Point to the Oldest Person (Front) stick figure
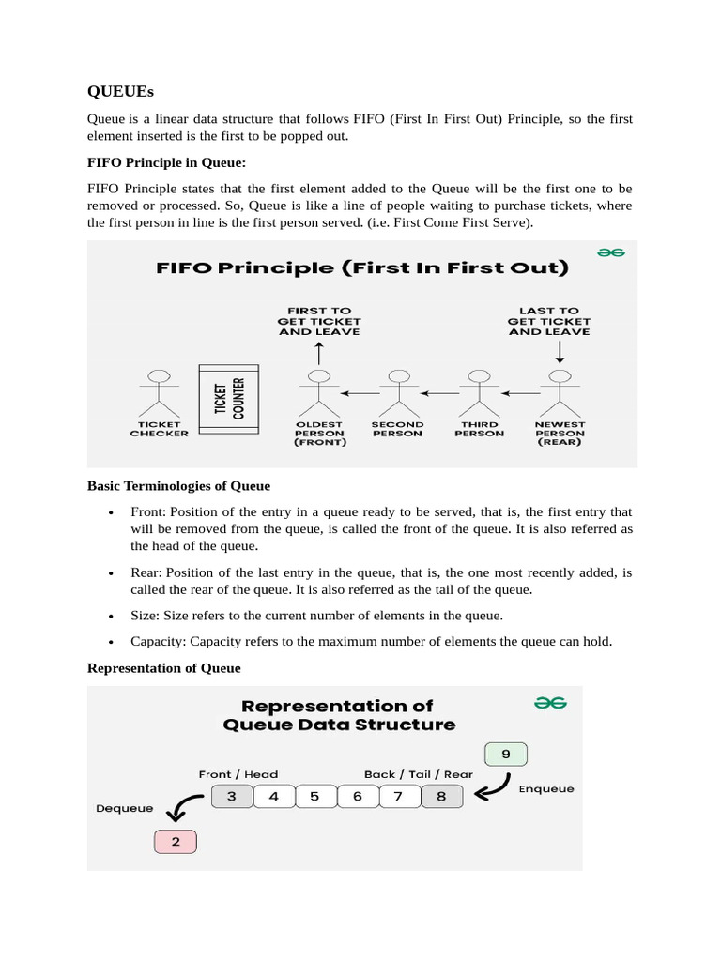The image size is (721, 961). (319, 391)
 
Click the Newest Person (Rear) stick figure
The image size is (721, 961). (560, 391)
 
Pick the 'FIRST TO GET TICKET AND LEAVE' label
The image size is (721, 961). (319, 321)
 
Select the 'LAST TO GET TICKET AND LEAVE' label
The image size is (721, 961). (549, 321)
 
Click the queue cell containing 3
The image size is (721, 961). (232, 797)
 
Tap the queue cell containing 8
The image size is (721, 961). (439, 797)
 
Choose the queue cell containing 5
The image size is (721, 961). (315, 797)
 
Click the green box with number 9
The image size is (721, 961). (506, 754)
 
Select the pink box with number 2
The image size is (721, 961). (176, 842)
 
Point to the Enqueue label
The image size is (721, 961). (546, 789)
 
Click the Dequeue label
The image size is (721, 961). (125, 808)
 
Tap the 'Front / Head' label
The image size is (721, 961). (238, 774)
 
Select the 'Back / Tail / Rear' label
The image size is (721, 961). (419, 774)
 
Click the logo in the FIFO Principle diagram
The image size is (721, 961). (612, 252)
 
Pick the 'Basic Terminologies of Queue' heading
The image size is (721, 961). (178, 486)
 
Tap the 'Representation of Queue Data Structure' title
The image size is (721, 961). (339, 714)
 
